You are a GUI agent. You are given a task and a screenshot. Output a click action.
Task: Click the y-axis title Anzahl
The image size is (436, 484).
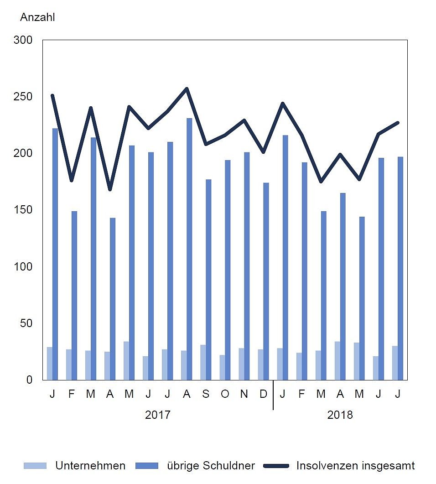(x=37, y=18)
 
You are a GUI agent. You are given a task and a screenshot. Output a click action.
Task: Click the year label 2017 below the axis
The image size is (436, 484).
(x=157, y=415)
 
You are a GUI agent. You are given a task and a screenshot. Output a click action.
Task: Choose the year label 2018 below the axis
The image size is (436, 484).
(x=340, y=415)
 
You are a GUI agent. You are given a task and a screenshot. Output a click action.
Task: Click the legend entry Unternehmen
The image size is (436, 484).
(x=90, y=466)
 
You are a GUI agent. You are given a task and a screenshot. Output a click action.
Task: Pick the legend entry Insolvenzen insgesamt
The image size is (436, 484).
(x=355, y=466)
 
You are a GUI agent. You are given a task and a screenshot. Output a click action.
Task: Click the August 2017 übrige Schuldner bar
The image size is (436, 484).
(x=189, y=249)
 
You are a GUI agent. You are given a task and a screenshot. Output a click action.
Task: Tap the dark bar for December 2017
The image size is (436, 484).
(x=265, y=281)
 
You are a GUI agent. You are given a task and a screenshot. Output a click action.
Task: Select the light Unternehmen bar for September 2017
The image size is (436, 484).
(x=202, y=362)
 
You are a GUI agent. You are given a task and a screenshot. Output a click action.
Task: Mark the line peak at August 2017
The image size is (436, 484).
(x=187, y=88)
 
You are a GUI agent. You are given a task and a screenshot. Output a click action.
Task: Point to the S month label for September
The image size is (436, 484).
(x=205, y=394)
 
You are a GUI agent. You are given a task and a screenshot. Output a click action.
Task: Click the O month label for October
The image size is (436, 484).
(x=224, y=394)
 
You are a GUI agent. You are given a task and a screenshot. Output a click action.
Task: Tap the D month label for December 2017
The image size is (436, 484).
(x=263, y=394)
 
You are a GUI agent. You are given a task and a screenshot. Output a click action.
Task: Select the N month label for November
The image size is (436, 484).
(x=244, y=394)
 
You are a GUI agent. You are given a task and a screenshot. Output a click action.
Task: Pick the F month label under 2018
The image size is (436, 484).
(x=301, y=394)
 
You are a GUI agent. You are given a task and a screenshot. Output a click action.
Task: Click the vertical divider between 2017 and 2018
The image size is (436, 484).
(x=273, y=395)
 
